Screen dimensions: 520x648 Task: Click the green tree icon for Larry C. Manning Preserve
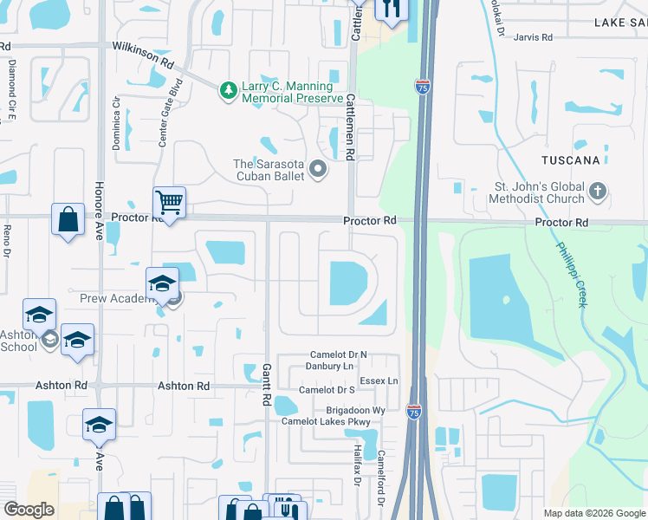click(228, 90)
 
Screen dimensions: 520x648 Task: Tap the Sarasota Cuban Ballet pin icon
click(318, 170)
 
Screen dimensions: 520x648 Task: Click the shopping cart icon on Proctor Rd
click(169, 203)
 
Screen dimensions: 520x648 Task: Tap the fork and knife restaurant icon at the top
click(392, 9)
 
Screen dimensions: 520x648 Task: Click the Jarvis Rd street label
click(532, 37)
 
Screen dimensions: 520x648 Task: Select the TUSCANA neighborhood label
click(571, 161)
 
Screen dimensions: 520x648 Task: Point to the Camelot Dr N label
click(340, 355)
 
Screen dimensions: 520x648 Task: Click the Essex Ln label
click(379, 380)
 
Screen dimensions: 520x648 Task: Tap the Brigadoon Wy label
click(355, 410)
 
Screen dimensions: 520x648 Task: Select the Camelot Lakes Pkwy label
click(326, 422)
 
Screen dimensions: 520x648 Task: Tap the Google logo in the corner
click(29, 510)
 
